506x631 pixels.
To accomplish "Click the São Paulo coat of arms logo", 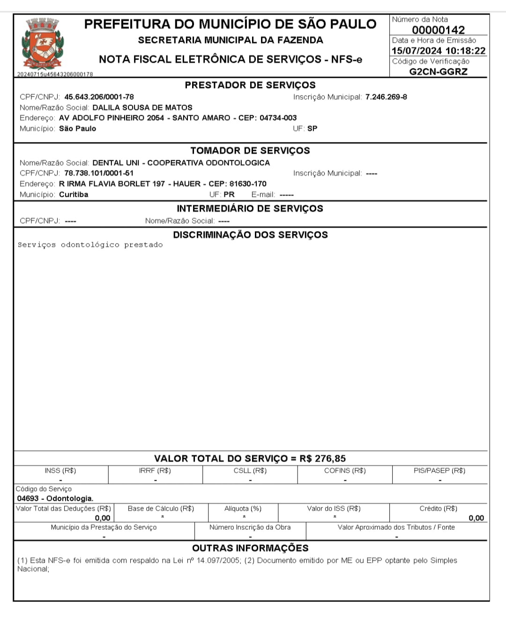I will coord(43,44).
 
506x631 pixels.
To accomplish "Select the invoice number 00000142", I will coord(438,30).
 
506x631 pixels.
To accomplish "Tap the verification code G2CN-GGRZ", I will coord(438,72).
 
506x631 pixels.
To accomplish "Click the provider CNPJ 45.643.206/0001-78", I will coord(99,97).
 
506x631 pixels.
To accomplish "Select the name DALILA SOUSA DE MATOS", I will coord(142,107).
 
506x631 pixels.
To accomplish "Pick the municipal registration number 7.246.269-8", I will coord(386,97).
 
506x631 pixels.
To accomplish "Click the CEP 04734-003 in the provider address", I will coord(278,118).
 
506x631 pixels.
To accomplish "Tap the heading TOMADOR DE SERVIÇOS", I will coord(250,150).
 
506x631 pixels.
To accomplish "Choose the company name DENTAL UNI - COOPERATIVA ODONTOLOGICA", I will coord(181,163).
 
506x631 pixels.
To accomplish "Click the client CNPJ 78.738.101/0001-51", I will coord(99,173).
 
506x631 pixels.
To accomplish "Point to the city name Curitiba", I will coord(74,194).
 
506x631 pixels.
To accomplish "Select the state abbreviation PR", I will coord(229,194).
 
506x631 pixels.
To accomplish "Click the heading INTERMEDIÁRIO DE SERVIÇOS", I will coord(250,208).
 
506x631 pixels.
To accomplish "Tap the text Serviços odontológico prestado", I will coord(90,245).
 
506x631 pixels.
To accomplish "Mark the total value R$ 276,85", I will coord(323,459).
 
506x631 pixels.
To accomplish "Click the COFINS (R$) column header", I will coord(345,470).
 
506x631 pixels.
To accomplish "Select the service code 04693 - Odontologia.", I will coord(55,498).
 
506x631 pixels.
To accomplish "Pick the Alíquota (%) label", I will coord(243,508).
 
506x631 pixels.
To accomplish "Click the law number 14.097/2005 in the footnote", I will coord(219,560).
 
